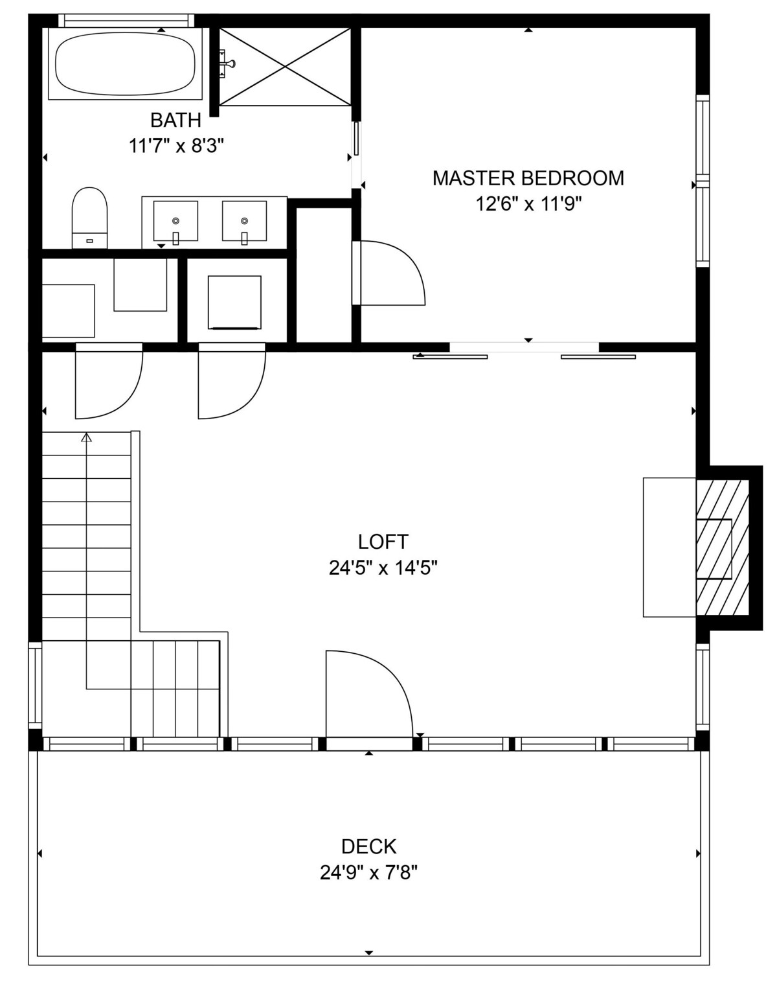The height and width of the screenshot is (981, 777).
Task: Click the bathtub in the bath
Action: pos(126,63)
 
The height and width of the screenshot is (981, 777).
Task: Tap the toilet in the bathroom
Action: pos(89,218)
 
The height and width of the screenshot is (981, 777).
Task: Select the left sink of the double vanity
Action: pos(175,221)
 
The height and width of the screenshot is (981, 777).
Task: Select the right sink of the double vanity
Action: pos(244,221)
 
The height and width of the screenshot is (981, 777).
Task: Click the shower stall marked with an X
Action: pos(286,67)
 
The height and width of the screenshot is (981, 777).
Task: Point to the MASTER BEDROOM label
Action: pos(528,178)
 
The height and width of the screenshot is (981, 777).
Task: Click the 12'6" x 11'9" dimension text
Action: pos(529,204)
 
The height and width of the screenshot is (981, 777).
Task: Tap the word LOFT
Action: pos(383,542)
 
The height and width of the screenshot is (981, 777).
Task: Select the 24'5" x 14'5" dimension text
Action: pos(383,568)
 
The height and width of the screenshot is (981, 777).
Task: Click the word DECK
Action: pos(369,846)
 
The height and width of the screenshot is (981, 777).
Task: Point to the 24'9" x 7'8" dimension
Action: pos(369,873)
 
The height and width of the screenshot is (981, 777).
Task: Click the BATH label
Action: pos(176,121)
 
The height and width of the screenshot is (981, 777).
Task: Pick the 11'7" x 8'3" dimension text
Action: pos(177,147)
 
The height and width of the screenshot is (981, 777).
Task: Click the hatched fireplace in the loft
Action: pos(723,548)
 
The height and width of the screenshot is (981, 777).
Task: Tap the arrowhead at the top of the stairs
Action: pos(86,437)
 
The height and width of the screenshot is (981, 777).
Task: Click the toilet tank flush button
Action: pos(89,240)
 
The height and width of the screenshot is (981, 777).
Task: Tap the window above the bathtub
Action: pos(126,20)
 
